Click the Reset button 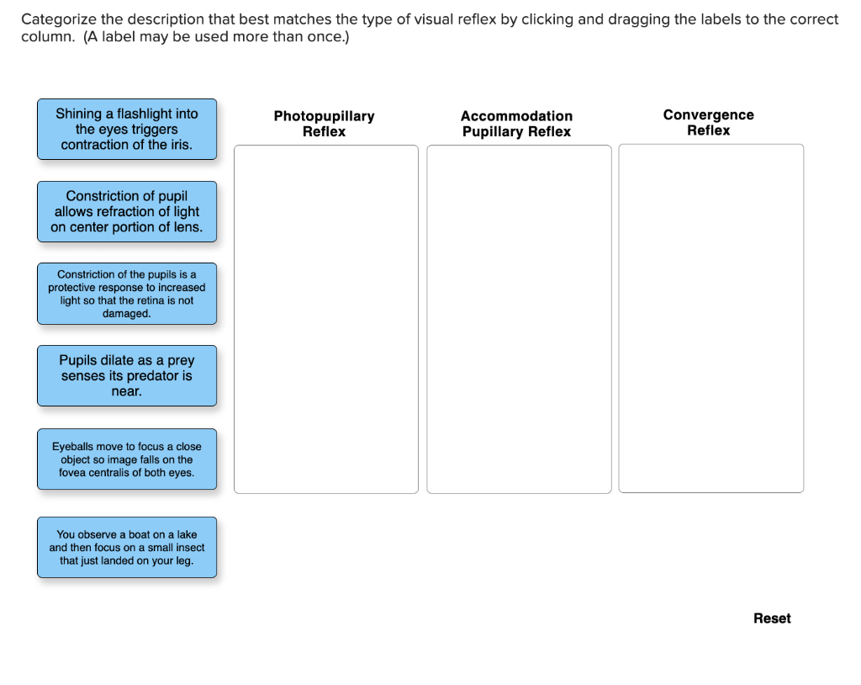pyautogui.click(x=771, y=619)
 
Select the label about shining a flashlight pyautogui.click(x=127, y=129)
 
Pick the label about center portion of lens pyautogui.click(x=127, y=211)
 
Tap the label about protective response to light pyautogui.click(x=127, y=294)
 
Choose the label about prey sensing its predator pyautogui.click(x=127, y=375)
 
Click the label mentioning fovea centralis pyautogui.click(x=127, y=459)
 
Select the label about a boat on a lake pyautogui.click(x=127, y=547)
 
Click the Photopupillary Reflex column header pyautogui.click(x=324, y=124)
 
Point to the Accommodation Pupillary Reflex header pyautogui.click(x=516, y=124)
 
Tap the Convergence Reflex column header pyautogui.click(x=708, y=123)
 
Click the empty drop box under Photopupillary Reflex pyautogui.click(x=325, y=319)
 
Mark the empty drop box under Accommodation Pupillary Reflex pyautogui.click(x=519, y=319)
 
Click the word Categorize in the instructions pyautogui.click(x=57, y=19)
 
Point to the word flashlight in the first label pyautogui.click(x=157, y=114)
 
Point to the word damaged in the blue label pyautogui.click(x=126, y=314)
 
